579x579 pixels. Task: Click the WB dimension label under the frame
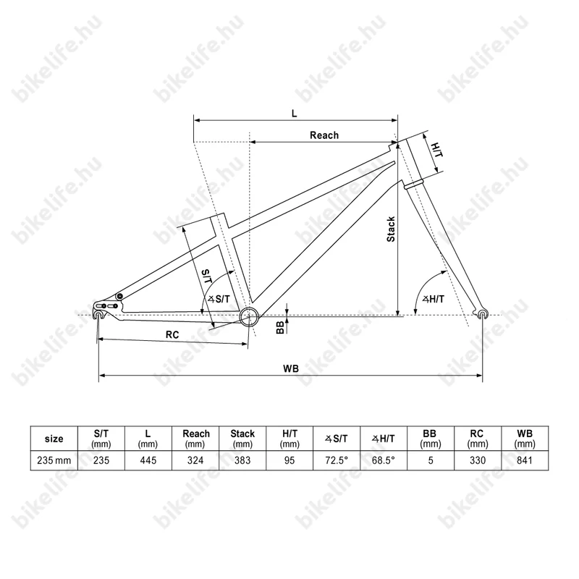(x=291, y=368)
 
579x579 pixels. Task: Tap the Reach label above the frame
(x=324, y=135)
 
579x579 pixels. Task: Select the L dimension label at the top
(x=295, y=114)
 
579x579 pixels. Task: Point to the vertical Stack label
(x=391, y=229)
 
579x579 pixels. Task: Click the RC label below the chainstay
(x=172, y=335)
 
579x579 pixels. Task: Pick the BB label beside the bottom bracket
(x=280, y=327)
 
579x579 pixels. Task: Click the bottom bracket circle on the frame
(x=249, y=316)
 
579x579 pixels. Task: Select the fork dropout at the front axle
(x=482, y=313)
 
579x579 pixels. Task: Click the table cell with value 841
(x=525, y=460)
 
